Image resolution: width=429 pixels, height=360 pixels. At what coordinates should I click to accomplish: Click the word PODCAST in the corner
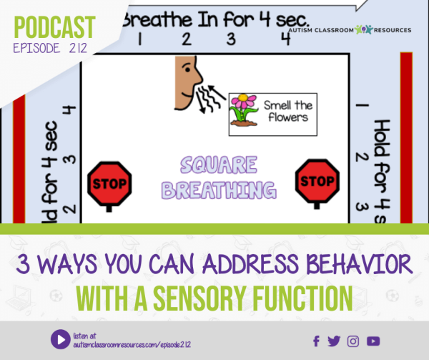coord(54,27)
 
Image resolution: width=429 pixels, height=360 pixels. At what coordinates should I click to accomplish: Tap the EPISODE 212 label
coord(49,49)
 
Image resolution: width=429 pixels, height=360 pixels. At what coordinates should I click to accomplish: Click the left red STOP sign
coord(109,182)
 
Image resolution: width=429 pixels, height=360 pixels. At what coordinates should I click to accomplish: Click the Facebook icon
coord(317,341)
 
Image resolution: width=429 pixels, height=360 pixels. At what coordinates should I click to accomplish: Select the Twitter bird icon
coord(335,341)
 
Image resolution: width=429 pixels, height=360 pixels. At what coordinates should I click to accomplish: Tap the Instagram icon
coord(353,341)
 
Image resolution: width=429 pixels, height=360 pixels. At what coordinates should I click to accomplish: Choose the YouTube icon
coord(373,341)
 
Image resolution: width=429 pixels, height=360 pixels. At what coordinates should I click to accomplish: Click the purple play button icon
coord(59,339)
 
